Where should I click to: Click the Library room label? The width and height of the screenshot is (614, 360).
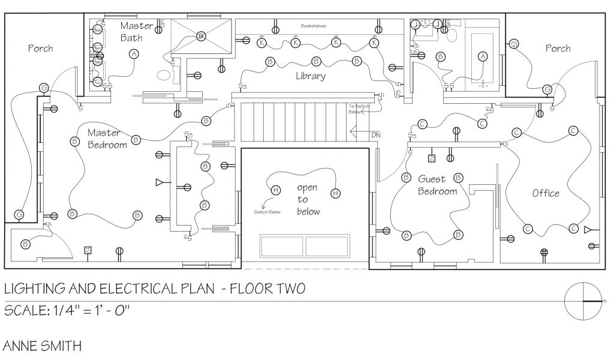[311, 76]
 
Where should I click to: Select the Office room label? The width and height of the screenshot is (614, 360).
[546, 193]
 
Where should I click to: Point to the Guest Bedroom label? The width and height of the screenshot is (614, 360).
[438, 185]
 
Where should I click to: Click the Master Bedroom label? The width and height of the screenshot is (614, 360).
[107, 139]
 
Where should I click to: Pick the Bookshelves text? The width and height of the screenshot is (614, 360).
[314, 26]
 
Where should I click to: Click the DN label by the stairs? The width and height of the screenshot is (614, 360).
[375, 135]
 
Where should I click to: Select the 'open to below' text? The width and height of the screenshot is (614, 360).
[308, 200]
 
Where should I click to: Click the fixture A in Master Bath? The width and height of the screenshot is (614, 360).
[134, 54]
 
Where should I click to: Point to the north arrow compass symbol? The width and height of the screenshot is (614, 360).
[584, 301]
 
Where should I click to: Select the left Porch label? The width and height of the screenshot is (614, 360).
[41, 48]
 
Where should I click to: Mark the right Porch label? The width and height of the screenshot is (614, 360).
[558, 48]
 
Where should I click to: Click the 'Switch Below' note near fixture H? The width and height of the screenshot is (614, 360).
[267, 212]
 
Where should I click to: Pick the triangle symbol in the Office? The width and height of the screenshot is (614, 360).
[588, 229]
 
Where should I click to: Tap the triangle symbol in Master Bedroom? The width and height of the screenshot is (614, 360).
[159, 182]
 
